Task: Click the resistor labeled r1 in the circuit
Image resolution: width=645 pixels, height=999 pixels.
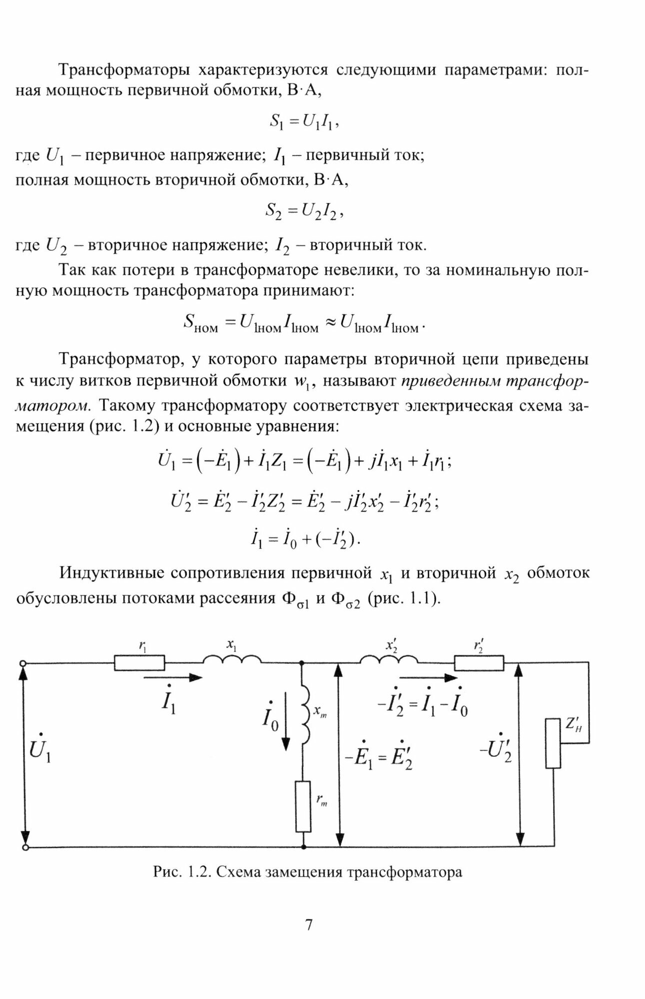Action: click(x=139, y=663)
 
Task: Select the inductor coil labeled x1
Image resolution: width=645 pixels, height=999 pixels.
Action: click(x=231, y=660)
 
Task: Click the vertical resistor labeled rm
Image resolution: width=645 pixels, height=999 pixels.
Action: click(x=303, y=806)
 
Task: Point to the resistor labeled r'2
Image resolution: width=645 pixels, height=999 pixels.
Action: click(x=479, y=663)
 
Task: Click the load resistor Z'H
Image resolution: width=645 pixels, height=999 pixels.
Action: click(x=553, y=743)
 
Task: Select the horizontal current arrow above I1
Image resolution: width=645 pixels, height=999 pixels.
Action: click(x=173, y=677)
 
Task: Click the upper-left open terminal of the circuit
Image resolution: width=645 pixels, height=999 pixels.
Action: click(x=22, y=663)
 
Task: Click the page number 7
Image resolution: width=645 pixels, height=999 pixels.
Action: click(x=308, y=925)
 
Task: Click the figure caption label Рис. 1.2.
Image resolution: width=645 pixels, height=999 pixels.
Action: click(x=181, y=872)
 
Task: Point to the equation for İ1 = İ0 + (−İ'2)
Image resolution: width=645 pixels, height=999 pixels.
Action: click(x=304, y=539)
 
